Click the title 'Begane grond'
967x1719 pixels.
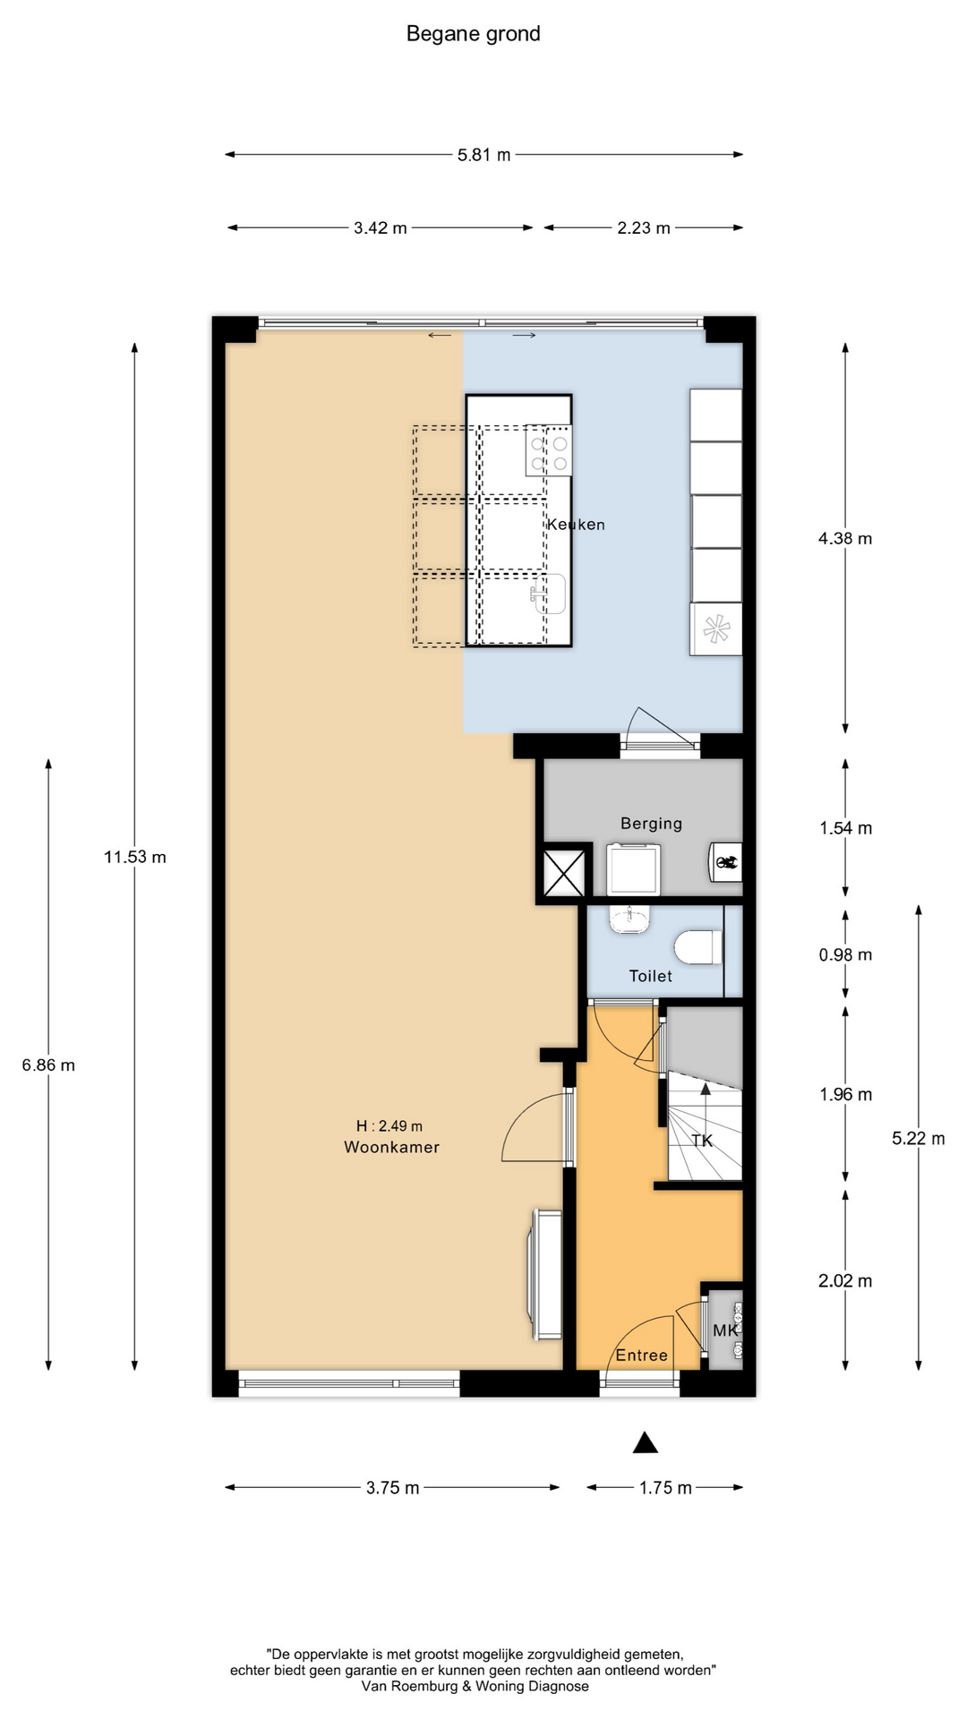[473, 34]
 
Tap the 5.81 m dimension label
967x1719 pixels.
[483, 155]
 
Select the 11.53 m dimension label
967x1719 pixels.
[134, 857]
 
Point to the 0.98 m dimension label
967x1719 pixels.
[845, 954]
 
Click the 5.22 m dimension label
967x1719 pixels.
[918, 1139]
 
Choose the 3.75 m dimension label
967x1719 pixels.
[392, 1488]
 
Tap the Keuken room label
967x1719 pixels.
[576, 525]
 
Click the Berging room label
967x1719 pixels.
[651, 824]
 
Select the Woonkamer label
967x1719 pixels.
[391, 1147]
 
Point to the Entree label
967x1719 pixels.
[641, 1356]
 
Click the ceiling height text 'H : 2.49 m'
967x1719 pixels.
[389, 1126]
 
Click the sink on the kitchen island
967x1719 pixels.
[550, 594]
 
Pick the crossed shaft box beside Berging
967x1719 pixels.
[564, 873]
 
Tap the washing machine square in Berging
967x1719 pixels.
[634, 869]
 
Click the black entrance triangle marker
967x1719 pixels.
[646, 1442]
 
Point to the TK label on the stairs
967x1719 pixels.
[702, 1141]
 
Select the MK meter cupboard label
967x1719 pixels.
[725, 1330]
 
